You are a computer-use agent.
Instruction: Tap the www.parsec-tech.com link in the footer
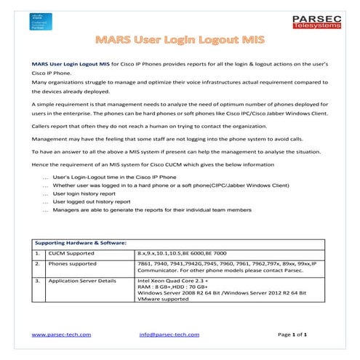[x=61, y=334]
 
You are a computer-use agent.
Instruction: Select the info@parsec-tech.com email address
[x=169, y=334]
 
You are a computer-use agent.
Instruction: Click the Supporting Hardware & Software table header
[x=80, y=241]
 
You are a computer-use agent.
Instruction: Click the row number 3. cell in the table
[x=36, y=279]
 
